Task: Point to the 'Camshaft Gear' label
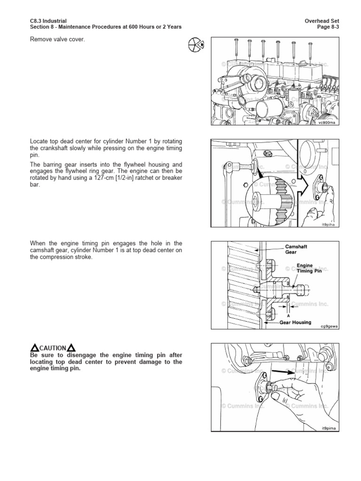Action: click(x=296, y=249)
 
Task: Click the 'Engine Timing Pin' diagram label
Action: click(x=308, y=269)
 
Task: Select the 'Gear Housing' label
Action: click(x=296, y=323)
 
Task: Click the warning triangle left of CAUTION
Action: click(x=34, y=348)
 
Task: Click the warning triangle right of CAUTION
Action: click(x=71, y=348)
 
